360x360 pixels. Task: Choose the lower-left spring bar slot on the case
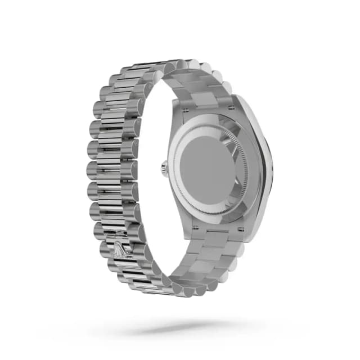click(x=195, y=229)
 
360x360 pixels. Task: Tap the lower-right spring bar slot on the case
click(x=238, y=229)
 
